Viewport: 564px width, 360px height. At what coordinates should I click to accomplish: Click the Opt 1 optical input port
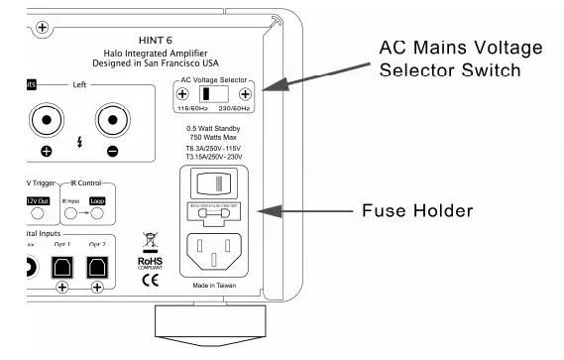[x=62, y=265]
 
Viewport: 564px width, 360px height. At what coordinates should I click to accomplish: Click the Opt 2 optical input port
[x=97, y=265]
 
